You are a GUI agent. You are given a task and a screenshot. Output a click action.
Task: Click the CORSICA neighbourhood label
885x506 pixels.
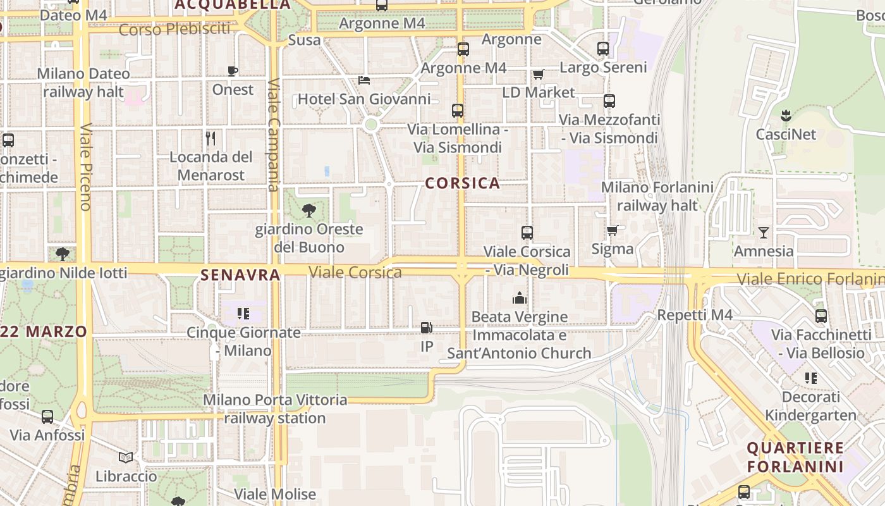(463, 183)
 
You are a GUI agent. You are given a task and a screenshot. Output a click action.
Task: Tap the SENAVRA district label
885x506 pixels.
(240, 275)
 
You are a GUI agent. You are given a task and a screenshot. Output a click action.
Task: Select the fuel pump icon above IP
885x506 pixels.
(427, 328)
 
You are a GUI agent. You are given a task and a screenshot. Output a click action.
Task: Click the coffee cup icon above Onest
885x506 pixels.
(233, 71)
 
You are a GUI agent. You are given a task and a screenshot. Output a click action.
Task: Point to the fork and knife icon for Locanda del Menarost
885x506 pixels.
(211, 138)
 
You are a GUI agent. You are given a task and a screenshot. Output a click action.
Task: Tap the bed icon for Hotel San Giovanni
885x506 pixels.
(364, 80)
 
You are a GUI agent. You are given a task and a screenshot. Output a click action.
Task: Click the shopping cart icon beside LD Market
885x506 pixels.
(538, 75)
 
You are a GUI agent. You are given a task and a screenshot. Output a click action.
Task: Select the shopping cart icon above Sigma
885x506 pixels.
(612, 231)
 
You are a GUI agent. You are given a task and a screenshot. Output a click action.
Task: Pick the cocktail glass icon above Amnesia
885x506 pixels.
(764, 233)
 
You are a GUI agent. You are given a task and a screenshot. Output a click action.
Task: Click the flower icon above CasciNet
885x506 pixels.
(786, 116)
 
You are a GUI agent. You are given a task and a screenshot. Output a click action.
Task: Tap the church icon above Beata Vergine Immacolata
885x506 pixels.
(520, 298)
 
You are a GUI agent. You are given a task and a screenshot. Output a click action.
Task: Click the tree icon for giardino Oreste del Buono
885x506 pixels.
(308, 211)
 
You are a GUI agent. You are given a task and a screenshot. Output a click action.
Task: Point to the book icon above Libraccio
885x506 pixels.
(126, 457)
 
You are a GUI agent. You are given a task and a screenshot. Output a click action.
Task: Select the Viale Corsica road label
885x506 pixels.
(355, 273)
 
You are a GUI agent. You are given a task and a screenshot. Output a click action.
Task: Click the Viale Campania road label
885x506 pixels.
(274, 135)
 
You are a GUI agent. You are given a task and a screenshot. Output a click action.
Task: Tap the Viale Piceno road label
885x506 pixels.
(86, 166)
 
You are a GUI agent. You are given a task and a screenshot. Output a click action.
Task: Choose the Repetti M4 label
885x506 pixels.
(695, 315)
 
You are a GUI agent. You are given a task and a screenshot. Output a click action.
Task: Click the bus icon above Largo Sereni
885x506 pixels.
(603, 49)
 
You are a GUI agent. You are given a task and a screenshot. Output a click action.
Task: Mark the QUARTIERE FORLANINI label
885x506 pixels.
(795, 457)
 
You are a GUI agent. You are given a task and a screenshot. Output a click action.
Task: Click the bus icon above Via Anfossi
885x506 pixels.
(47, 417)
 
